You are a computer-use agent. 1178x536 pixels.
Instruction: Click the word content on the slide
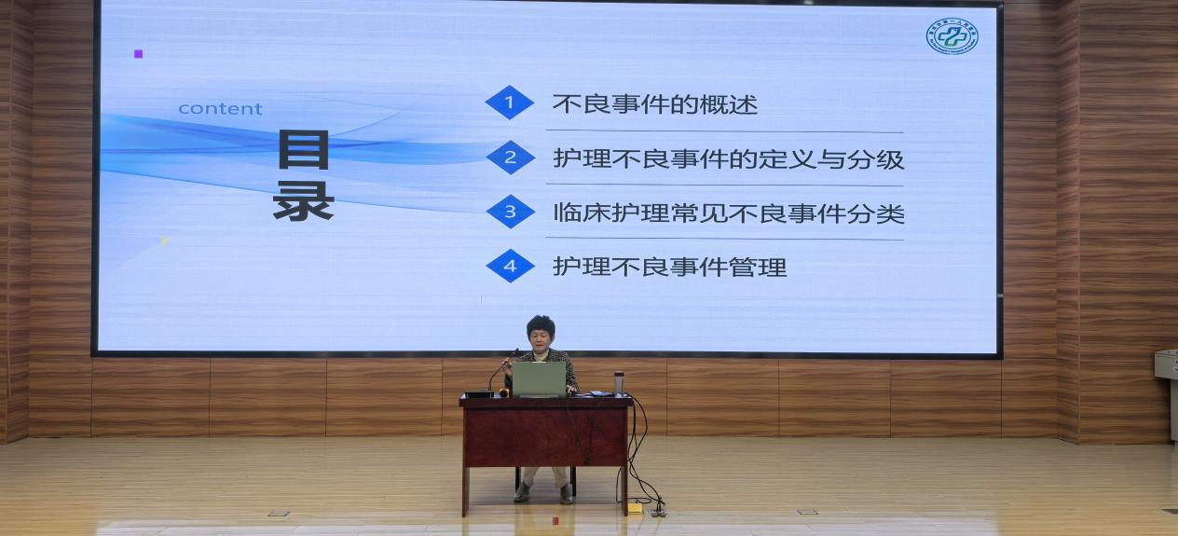pos(220,109)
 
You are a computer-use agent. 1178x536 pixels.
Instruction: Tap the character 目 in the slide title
pos(304,150)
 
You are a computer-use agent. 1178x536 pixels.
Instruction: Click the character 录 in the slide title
pos(304,200)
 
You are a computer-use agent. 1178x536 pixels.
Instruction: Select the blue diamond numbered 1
pos(510,103)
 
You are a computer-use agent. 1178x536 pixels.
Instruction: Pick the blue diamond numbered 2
pos(510,158)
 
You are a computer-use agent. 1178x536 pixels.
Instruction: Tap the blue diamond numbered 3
pos(510,212)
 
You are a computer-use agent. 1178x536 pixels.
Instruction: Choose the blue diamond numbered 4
pos(510,267)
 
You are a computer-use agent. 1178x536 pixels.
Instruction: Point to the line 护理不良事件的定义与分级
pos(728,158)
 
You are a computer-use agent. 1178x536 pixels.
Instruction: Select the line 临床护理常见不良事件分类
pos(728,213)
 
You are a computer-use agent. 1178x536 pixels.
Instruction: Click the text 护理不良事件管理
pos(669,268)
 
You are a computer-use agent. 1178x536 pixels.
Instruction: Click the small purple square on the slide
pos(139,54)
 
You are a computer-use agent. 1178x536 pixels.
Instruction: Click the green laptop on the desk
pos(539,378)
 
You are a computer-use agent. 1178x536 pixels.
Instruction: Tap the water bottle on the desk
pos(619,382)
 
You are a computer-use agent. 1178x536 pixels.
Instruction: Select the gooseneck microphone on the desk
pos(500,372)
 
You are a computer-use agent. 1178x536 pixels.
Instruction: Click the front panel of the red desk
pos(545,432)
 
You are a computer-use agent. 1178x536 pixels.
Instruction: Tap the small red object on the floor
pos(555,520)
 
